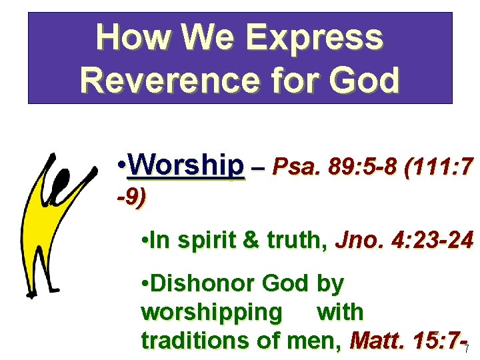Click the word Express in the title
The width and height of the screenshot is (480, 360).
315,37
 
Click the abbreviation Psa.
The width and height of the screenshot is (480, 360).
295,165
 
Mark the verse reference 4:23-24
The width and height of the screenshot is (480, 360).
431,241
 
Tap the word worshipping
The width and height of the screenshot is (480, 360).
211,312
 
